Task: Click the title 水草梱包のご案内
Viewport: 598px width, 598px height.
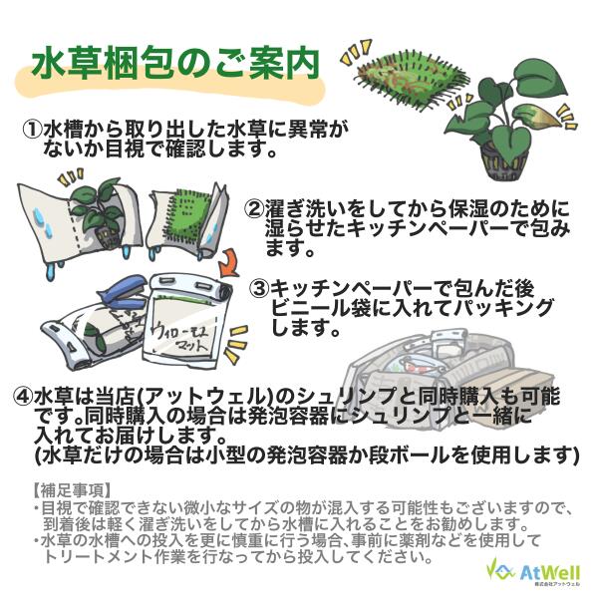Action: click(175, 64)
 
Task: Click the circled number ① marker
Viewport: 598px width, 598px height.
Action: click(32, 130)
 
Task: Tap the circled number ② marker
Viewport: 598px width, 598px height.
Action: click(254, 208)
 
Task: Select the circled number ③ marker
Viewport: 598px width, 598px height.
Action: click(259, 289)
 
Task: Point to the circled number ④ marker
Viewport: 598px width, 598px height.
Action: click(23, 397)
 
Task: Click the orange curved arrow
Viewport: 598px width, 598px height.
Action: click(229, 262)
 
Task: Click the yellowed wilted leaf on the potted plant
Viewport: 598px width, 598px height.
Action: click(537, 116)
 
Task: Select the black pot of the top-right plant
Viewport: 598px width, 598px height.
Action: click(504, 163)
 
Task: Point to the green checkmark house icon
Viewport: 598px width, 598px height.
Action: click(501, 570)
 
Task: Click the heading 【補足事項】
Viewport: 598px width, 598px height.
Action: click(72, 490)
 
